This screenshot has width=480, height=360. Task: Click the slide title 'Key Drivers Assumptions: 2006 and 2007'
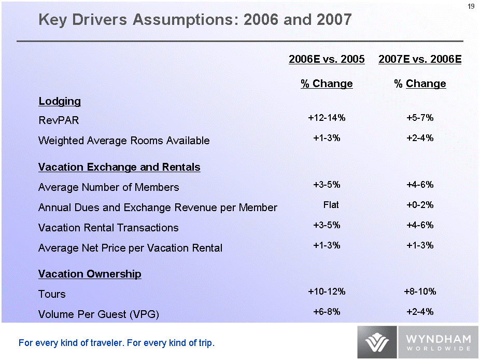point(195,20)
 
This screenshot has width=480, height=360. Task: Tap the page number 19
point(471,6)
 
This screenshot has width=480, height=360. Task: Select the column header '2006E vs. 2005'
point(327,60)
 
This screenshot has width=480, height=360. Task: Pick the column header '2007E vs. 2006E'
point(420,60)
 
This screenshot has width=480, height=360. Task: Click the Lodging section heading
point(60,101)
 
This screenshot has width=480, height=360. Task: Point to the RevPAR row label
point(59,120)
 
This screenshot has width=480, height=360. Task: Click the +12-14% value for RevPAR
point(327,118)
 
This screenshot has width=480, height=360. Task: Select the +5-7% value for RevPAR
point(420,118)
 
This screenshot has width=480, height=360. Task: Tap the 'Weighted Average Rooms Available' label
point(124,141)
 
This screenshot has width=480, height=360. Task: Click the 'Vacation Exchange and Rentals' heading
point(119,167)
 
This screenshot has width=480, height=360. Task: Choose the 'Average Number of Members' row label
point(109,187)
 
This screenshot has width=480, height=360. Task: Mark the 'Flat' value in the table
point(331,205)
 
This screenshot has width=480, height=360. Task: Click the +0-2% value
point(420,205)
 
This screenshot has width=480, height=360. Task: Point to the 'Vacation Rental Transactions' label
point(108,228)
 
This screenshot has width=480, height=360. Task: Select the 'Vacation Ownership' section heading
point(90,274)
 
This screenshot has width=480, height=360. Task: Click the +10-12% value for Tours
point(327,292)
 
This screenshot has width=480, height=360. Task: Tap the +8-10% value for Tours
point(420,292)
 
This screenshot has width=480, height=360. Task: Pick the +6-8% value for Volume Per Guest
point(327,312)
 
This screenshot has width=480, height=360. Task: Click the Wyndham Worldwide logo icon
point(377,342)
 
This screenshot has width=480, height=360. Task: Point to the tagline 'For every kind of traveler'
point(116,343)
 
